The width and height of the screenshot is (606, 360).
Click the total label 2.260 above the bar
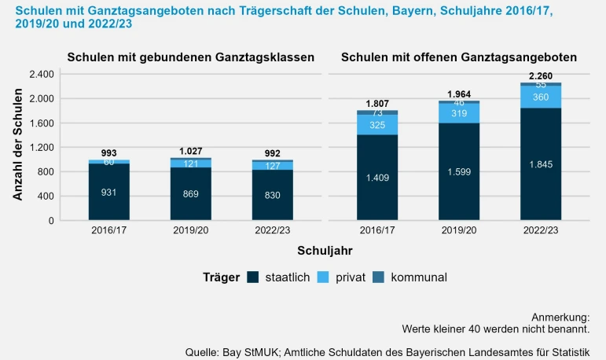(542, 75)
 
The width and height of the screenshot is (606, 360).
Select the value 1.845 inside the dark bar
(542, 164)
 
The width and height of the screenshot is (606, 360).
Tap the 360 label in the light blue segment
(542, 97)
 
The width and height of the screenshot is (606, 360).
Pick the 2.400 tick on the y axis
(40, 74)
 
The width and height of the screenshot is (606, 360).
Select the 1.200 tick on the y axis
(40, 148)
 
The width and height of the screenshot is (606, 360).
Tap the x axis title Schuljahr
(325, 251)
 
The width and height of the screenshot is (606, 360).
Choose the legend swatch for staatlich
(252, 277)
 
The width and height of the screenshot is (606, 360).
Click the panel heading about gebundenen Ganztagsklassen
(191, 57)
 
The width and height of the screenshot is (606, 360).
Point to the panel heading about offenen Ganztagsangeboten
(459, 57)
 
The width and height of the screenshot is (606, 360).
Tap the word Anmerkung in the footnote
(560, 315)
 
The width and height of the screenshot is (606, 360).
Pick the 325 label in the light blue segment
(377, 124)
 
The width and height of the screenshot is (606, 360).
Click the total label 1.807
(377, 104)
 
